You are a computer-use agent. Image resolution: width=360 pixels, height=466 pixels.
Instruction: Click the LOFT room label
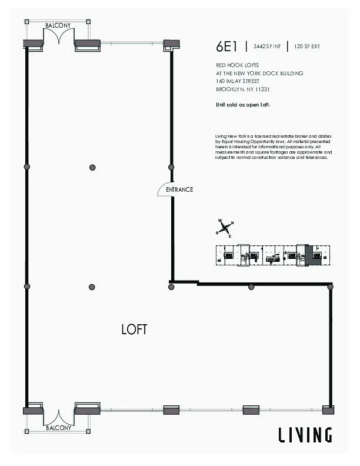[134, 329]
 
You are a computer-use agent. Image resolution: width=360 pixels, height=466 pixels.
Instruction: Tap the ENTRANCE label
[179, 189]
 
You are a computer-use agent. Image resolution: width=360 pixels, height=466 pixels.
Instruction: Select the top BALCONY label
[58, 26]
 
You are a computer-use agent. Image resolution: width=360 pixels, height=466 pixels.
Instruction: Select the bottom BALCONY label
[58, 428]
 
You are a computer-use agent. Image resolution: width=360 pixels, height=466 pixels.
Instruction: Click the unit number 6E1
[227, 46]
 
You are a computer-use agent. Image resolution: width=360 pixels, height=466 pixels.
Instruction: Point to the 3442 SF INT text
[266, 46]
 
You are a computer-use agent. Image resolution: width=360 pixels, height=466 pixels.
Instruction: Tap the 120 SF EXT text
[308, 46]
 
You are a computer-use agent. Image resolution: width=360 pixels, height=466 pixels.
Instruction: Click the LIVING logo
[305, 435]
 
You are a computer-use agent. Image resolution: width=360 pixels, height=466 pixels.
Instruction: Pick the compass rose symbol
[225, 228]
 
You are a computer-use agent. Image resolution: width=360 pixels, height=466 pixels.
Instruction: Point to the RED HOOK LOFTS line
[236, 65]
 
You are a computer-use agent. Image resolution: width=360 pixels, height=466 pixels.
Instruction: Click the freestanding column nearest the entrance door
[92, 168]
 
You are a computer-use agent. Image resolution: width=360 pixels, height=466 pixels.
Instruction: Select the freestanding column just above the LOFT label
[92, 287]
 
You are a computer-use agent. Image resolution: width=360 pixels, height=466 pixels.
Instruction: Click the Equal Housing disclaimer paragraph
[274, 147]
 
